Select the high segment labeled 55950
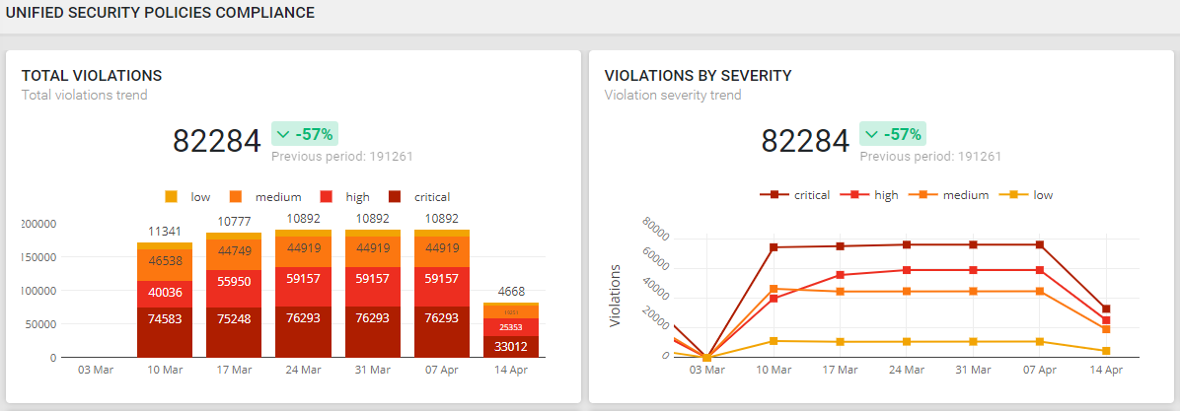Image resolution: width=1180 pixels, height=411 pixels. [233, 281]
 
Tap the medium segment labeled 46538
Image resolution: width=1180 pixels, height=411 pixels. [164, 262]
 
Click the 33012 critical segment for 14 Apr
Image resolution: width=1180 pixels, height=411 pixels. [511, 346]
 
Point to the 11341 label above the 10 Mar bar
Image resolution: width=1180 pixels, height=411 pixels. [164, 232]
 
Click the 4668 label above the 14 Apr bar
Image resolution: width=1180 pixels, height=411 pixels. [511, 291]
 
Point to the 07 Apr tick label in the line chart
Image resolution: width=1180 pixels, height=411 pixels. [1040, 370]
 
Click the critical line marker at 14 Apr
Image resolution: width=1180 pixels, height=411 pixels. [1106, 309]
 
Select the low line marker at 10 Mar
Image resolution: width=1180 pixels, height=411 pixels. [774, 341]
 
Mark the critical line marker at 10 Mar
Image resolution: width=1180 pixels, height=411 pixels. [774, 247]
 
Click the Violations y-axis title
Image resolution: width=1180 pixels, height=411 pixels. [615, 296]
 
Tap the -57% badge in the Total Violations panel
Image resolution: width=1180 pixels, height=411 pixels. [305, 134]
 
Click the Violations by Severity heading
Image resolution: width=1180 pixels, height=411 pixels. [698, 76]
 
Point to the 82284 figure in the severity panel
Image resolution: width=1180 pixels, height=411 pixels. [805, 142]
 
